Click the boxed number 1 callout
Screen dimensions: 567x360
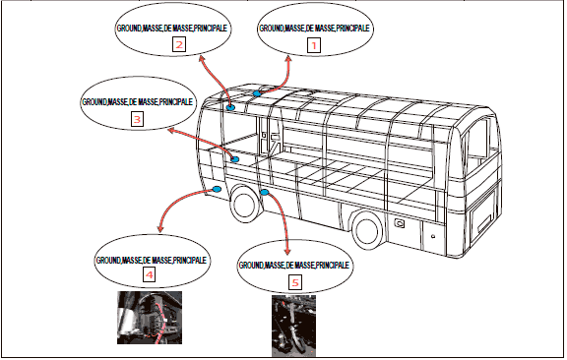click(314, 45)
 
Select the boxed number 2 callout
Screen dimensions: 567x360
click(179, 45)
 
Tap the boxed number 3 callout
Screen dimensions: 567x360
click(137, 119)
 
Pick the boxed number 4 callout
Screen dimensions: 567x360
click(150, 274)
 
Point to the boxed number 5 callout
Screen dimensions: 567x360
click(295, 282)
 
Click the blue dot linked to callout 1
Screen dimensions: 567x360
click(257, 93)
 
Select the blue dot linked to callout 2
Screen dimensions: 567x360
click(230, 107)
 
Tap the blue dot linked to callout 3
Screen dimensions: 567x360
click(235, 159)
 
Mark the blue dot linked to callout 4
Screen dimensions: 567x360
click(217, 189)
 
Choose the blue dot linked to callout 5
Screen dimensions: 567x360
click(265, 192)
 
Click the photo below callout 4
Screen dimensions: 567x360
click(150, 318)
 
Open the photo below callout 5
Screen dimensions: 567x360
click(293, 326)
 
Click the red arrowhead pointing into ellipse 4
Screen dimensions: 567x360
click(160, 228)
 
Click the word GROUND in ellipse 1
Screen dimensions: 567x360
click(272, 29)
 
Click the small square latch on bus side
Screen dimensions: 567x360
click(400, 223)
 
